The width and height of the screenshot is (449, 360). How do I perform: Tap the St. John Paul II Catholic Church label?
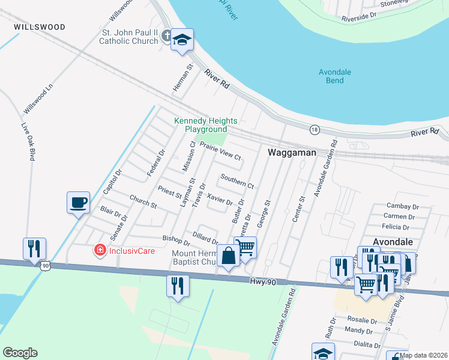coord(128,37)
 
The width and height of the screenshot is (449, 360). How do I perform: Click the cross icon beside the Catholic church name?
coord(167,37)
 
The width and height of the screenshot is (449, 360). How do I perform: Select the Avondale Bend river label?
coord(335,76)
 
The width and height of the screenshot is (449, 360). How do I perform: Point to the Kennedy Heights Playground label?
coord(205,125)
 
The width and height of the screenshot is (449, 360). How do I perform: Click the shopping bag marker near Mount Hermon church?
coord(228,256)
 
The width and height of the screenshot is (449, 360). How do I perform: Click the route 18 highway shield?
coord(314,129)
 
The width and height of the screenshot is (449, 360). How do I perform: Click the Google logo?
coord(20,353)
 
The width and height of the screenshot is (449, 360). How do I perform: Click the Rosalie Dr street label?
coord(361,320)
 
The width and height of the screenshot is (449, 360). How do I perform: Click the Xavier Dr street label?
coord(218,199)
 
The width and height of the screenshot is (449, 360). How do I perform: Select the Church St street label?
coord(143,202)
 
